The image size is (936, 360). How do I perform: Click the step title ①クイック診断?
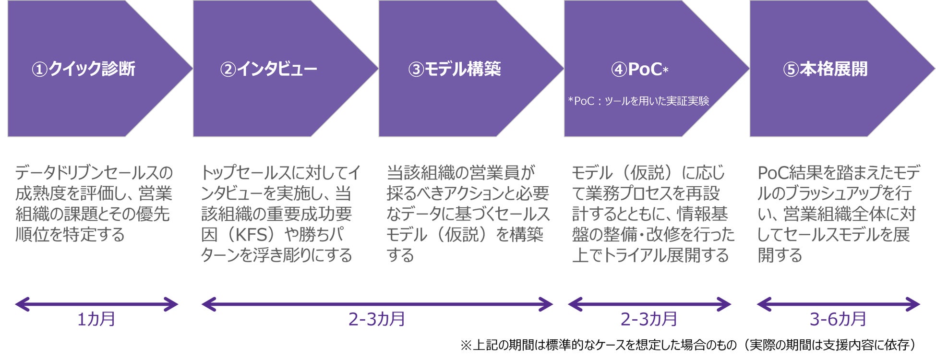84,69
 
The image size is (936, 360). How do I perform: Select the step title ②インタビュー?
269,69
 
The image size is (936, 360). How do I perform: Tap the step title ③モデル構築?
455,69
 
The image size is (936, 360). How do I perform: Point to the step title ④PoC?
639,69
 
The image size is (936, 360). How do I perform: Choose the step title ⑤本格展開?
826,69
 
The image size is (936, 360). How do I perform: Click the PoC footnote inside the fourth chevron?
638,101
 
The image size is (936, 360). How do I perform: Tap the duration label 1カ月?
96,319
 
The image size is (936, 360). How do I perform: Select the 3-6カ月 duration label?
838,319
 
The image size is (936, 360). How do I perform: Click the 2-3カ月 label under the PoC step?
649,319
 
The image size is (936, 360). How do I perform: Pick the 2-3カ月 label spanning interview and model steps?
377,319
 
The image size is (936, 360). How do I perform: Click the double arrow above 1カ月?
96,304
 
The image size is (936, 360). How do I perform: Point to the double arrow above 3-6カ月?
838,304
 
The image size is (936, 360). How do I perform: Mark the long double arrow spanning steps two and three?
377,304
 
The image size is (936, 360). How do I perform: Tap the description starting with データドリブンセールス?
94,204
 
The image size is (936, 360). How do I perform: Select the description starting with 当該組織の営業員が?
468,214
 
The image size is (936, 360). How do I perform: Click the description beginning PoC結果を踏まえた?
838,214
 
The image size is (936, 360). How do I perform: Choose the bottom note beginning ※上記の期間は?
689,345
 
